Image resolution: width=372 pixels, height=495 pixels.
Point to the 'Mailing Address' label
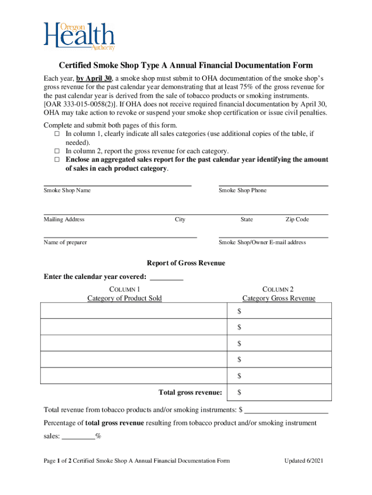click(x=64, y=219)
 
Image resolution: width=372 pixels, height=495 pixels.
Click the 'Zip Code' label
click(x=297, y=219)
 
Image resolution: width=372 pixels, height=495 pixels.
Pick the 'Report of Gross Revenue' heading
click(x=186, y=263)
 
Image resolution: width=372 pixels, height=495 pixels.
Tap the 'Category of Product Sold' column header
click(x=125, y=298)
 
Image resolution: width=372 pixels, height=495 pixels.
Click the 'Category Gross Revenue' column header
click(x=279, y=298)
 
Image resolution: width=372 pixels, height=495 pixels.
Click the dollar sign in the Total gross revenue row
click(x=240, y=392)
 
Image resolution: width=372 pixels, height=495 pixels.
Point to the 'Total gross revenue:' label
click(x=190, y=392)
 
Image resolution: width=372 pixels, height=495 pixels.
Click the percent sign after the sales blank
click(x=99, y=436)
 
